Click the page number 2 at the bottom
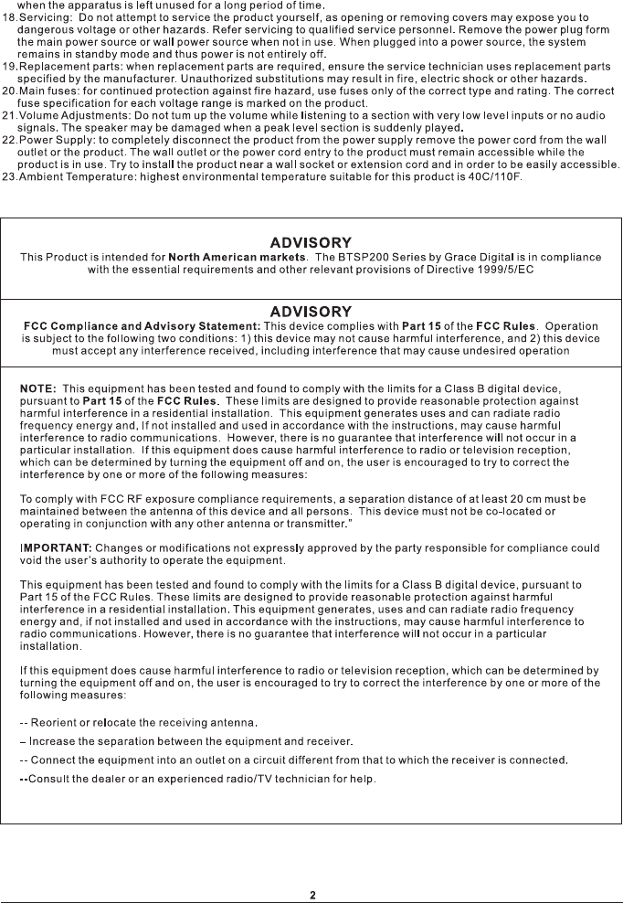(x=312, y=895)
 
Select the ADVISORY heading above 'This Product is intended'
(x=311, y=242)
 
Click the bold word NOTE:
(x=38, y=390)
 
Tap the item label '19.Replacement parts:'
(x=58, y=67)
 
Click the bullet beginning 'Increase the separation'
(x=186, y=739)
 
